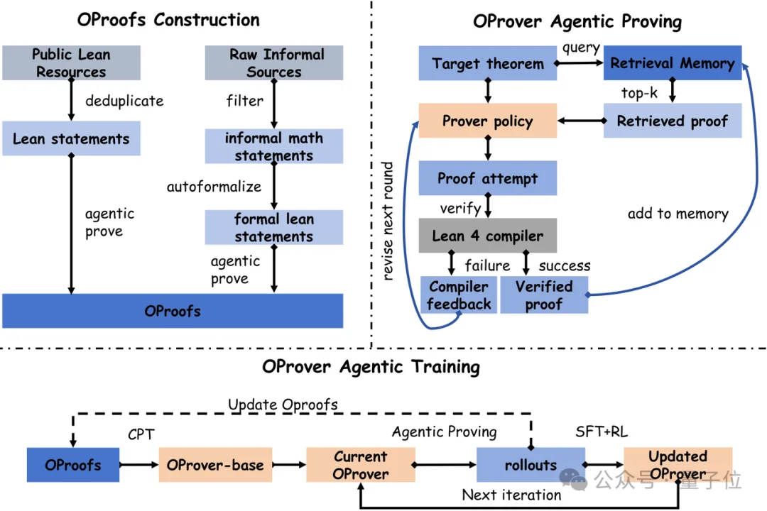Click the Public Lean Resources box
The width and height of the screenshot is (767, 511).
[72, 62]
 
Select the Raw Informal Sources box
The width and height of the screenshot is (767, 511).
[274, 62]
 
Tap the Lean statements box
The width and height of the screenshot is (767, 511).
[72, 138]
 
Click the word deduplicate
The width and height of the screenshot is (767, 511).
[124, 101]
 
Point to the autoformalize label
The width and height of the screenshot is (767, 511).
[214, 187]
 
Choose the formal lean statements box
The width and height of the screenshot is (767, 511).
[274, 227]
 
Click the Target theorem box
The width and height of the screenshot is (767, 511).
[488, 63]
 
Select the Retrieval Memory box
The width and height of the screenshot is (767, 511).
[673, 62]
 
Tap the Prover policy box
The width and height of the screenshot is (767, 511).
[488, 120]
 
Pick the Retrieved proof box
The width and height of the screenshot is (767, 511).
[673, 120]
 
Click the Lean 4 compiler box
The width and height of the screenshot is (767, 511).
[488, 235]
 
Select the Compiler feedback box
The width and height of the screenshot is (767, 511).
[459, 295]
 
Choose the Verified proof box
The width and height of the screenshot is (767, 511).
[544, 295]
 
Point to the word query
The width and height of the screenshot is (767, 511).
[581, 48]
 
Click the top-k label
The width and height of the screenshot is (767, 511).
[639, 92]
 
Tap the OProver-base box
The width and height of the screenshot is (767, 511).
[215, 465]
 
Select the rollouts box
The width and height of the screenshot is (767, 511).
[531, 465]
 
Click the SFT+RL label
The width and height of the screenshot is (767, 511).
[602, 432]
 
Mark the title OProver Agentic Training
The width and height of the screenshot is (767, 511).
[371, 367]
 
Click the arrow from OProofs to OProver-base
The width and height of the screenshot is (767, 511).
[139, 465]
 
